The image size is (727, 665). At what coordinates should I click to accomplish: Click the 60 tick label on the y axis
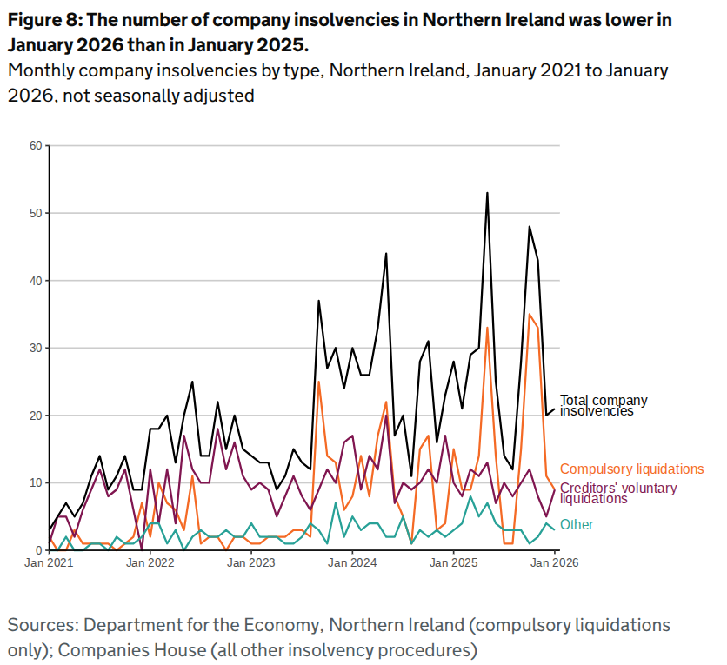click(x=36, y=145)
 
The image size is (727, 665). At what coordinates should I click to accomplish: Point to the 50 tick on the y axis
click(x=36, y=213)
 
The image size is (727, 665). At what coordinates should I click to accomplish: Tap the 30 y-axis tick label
click(x=36, y=348)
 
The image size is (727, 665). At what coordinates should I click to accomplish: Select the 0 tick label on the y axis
click(x=38, y=550)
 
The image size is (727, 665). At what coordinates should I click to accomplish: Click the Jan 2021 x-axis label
click(x=50, y=563)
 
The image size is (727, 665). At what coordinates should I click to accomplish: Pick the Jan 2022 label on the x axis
click(x=150, y=563)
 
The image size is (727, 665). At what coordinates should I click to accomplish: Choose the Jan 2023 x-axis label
click(x=251, y=563)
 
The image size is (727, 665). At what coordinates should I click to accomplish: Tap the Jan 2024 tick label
click(x=352, y=563)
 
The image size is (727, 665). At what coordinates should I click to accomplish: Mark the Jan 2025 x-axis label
click(x=453, y=563)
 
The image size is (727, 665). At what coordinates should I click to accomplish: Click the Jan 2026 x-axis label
click(x=554, y=563)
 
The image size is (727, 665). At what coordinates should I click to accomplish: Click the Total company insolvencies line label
click(x=604, y=405)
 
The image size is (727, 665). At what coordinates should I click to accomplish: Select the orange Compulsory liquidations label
click(x=631, y=469)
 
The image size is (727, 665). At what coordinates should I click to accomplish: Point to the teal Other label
click(x=577, y=524)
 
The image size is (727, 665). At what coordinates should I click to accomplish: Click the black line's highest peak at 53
click(x=487, y=193)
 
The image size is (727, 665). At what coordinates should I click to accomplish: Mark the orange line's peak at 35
click(x=529, y=314)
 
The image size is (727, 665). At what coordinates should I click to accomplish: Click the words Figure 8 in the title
click(x=45, y=20)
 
